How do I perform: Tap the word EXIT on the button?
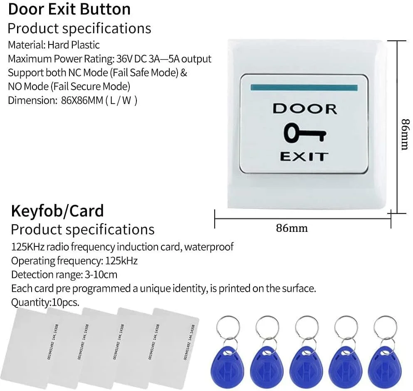point(304,157)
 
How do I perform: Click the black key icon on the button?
point(305,133)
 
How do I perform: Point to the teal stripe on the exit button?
point(304,88)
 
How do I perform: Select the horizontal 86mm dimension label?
point(292,228)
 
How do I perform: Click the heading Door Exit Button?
point(69,9)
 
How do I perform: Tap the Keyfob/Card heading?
point(57,211)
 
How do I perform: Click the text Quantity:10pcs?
point(45,302)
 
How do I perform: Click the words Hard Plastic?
point(73,44)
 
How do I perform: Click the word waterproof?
point(209,247)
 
